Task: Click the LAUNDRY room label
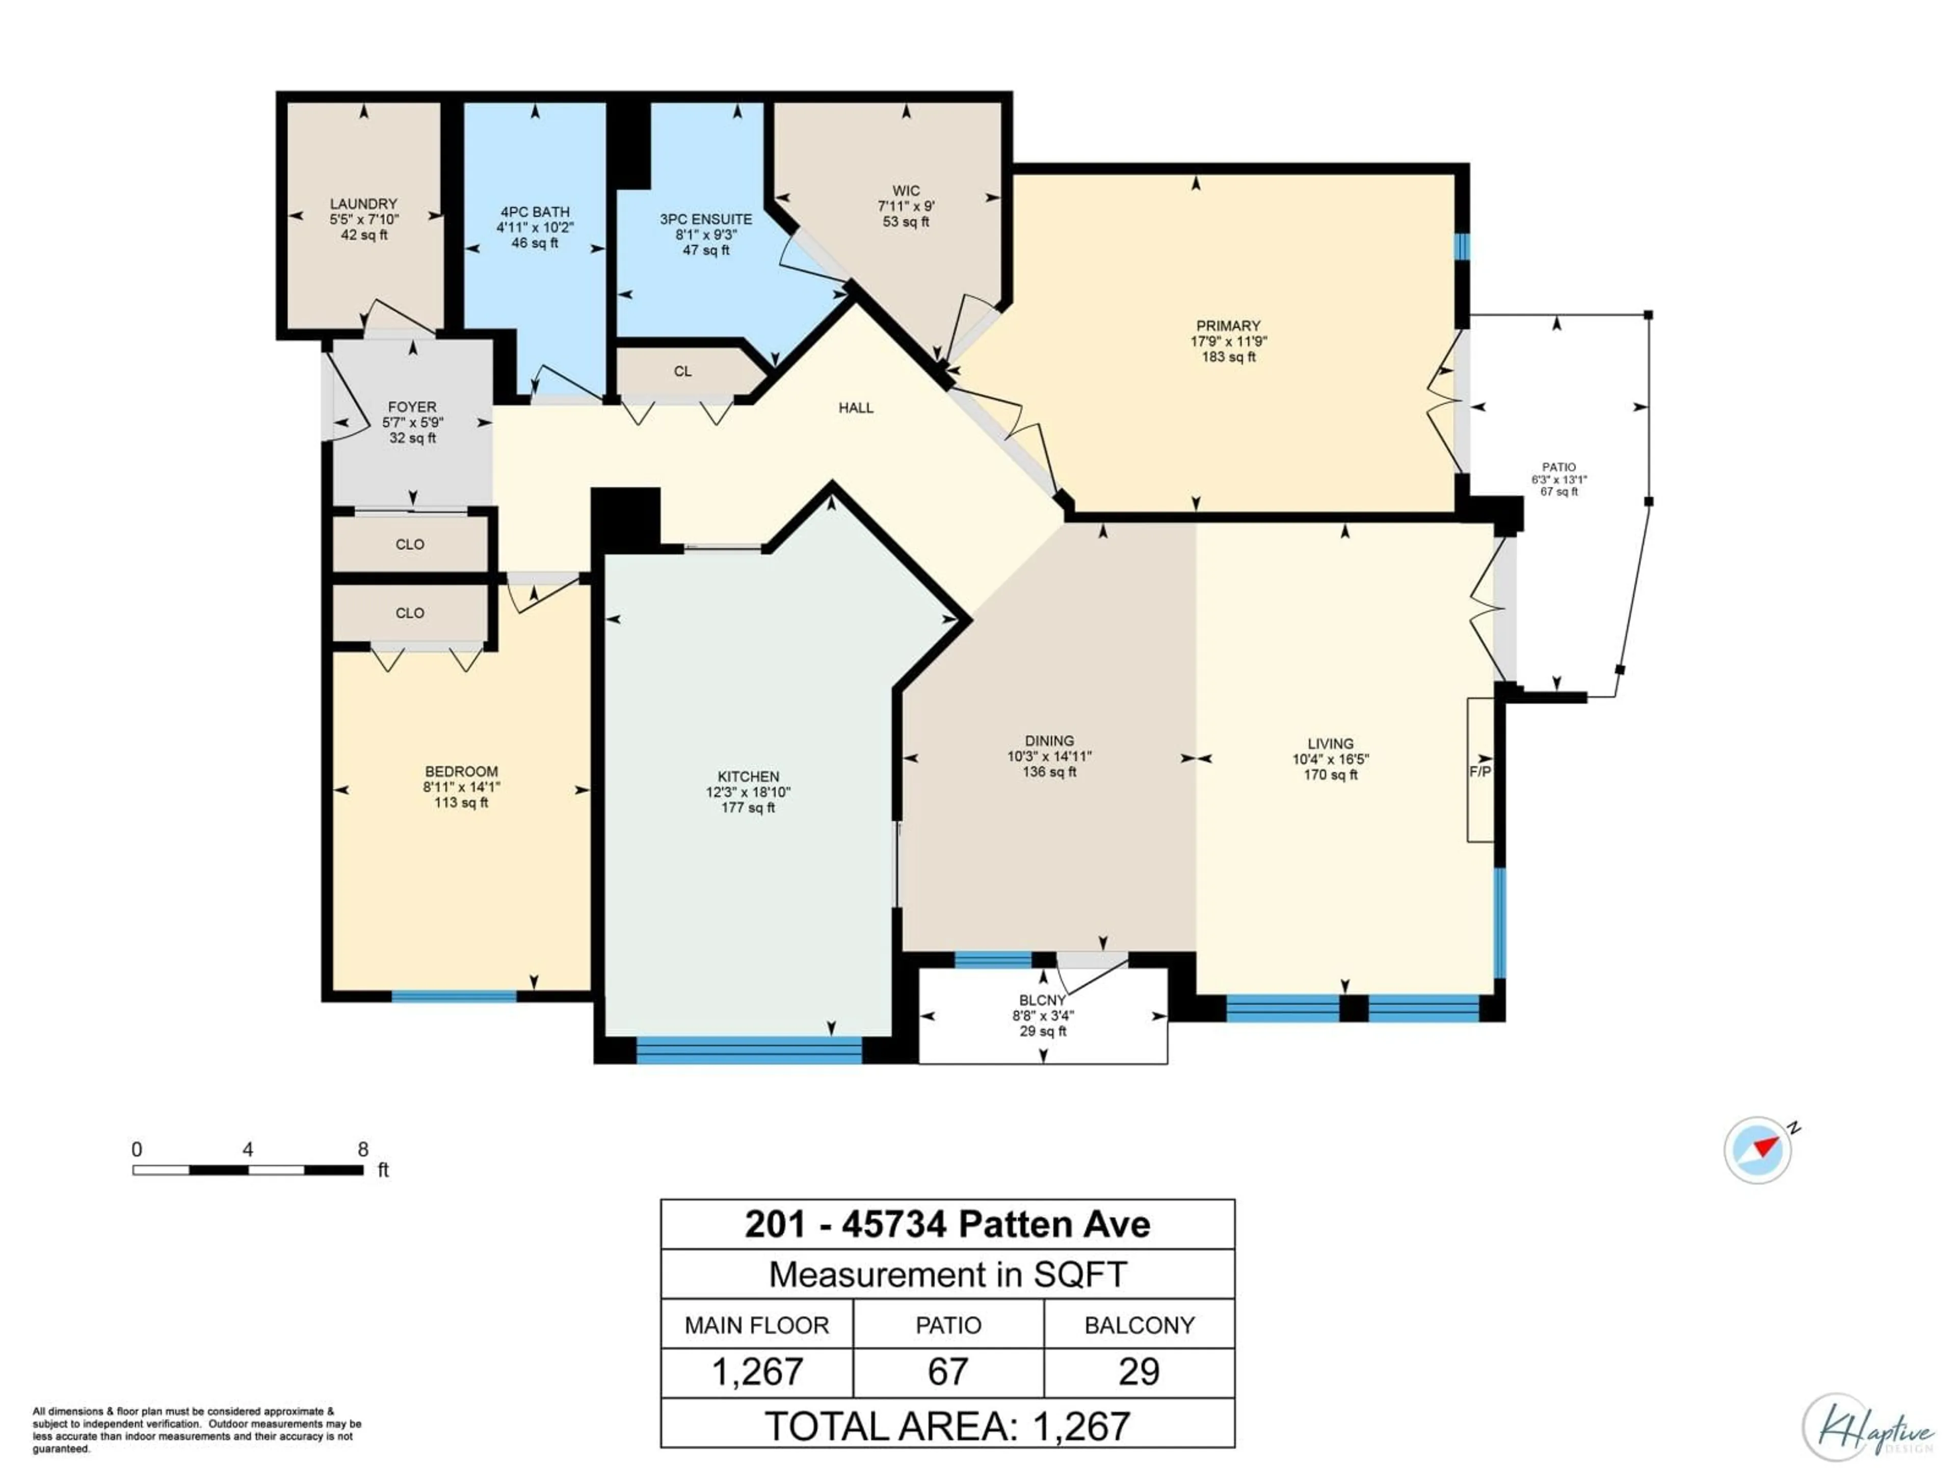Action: point(363,203)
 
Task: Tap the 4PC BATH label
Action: point(535,213)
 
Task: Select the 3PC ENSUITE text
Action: point(706,220)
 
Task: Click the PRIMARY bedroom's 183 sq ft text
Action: point(1228,357)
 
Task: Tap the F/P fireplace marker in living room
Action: point(1480,772)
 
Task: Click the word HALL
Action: point(856,408)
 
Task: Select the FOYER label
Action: point(412,407)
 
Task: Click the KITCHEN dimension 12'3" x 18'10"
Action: point(749,793)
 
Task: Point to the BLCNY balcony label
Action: point(1043,1001)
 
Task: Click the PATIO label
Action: point(1559,467)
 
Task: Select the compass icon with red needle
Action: point(1758,1150)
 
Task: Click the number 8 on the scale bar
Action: point(363,1149)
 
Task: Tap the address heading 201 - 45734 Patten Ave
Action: point(947,1225)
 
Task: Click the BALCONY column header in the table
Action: point(1140,1326)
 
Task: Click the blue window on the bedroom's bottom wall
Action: point(454,997)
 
